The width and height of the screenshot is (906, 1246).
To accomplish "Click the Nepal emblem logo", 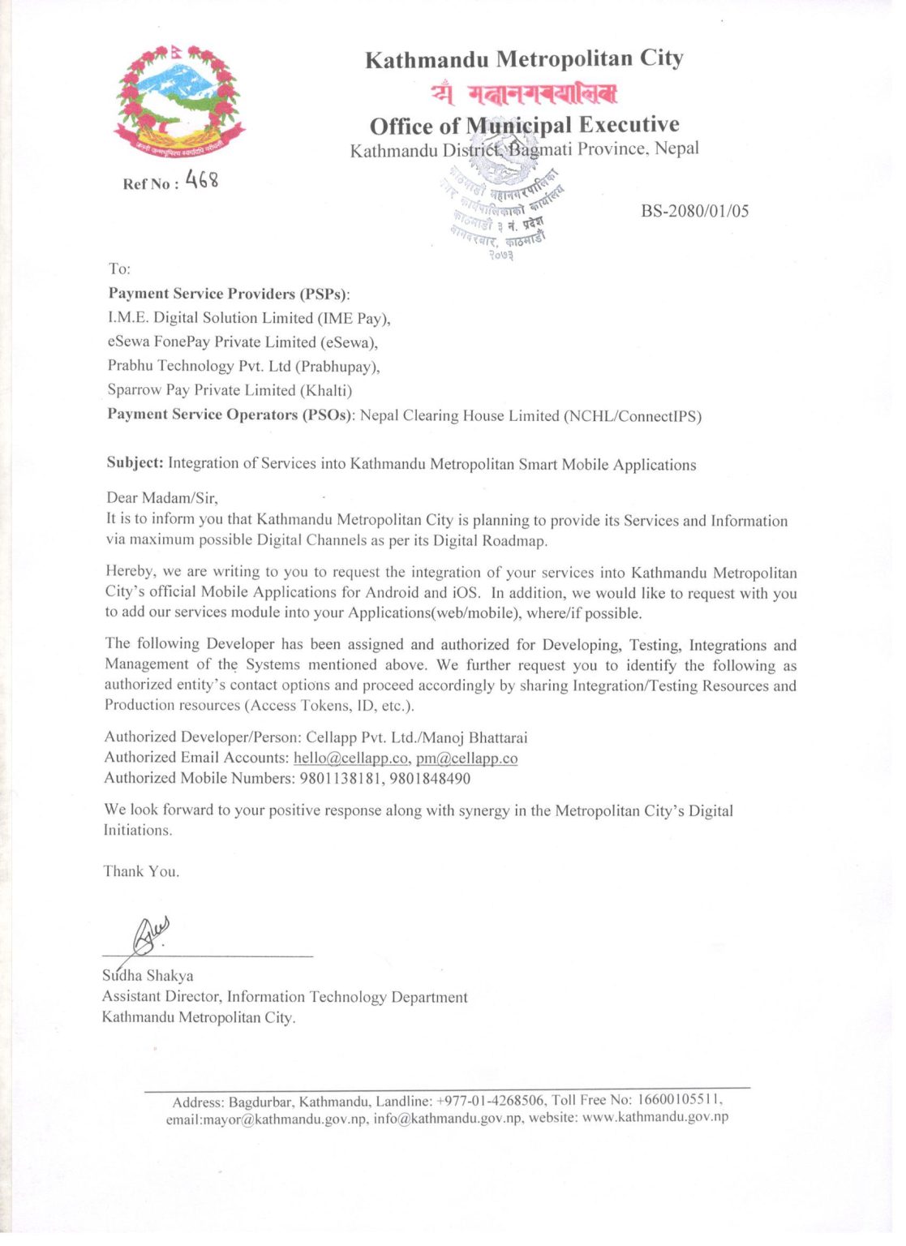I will click(x=178, y=103).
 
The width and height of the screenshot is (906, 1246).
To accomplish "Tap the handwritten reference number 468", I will click(x=202, y=179).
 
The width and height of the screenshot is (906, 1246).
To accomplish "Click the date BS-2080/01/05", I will click(x=694, y=212).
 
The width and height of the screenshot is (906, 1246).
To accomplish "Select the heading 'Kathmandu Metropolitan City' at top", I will click(x=524, y=59).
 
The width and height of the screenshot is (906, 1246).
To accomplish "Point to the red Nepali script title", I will click(x=524, y=94).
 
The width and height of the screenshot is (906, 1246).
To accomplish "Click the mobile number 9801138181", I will click(x=341, y=779).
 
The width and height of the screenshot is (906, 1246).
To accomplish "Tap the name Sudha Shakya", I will click(x=148, y=976).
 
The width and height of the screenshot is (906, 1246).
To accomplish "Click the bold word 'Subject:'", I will click(x=135, y=463).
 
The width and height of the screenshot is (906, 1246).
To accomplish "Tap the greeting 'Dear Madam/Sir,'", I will click(x=162, y=497).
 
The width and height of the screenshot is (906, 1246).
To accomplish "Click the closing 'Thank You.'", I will click(x=141, y=872).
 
